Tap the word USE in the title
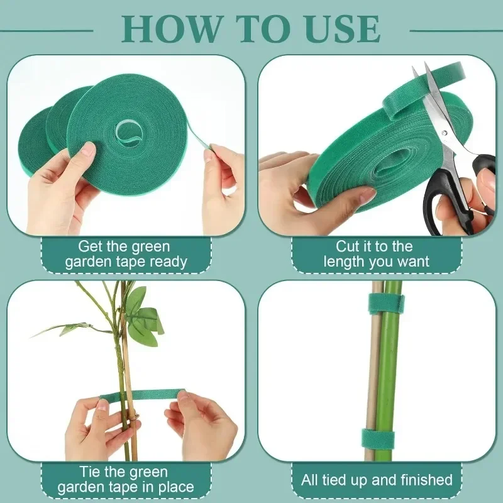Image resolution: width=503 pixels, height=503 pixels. pos(345,28)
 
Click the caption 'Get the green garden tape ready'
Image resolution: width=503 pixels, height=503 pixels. pos(126,254)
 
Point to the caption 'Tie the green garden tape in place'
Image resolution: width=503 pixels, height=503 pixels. pos(126,479)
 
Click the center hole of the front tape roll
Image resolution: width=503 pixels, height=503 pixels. pos(130,132)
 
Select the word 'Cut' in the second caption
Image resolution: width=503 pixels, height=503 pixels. pos(350,246)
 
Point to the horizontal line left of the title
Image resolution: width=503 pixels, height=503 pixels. pos(47,30)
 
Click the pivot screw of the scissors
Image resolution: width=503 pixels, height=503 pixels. pos(445,133)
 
